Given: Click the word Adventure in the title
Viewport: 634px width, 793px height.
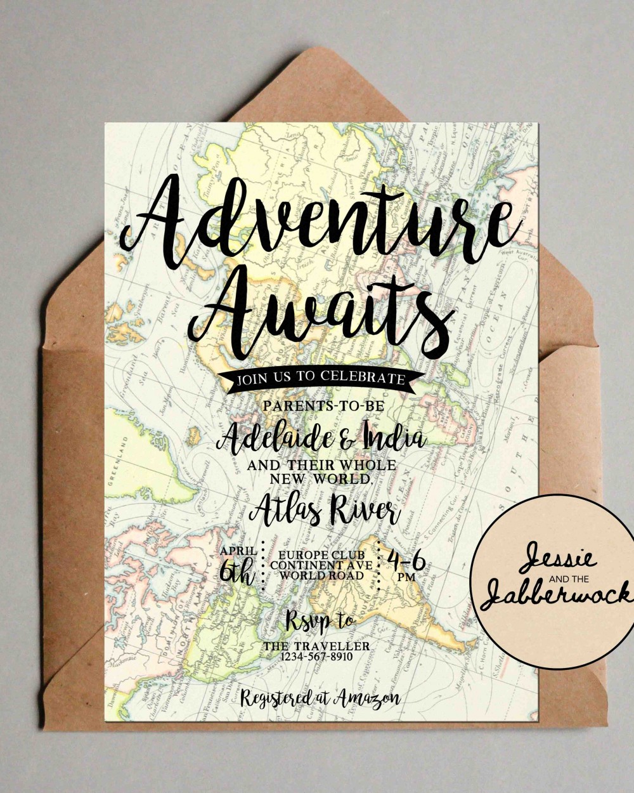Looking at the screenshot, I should click(317, 219).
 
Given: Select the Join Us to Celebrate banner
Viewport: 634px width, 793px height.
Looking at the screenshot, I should click(320, 379).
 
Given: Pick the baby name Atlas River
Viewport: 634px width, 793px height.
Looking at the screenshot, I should click(325, 509).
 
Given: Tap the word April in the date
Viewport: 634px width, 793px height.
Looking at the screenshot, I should click(239, 551).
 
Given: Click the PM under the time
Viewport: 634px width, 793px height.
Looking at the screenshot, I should click(406, 578).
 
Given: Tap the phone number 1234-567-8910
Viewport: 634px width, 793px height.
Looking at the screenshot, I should click(317, 657).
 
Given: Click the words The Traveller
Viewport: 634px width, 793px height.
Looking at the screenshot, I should click(317, 646).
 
